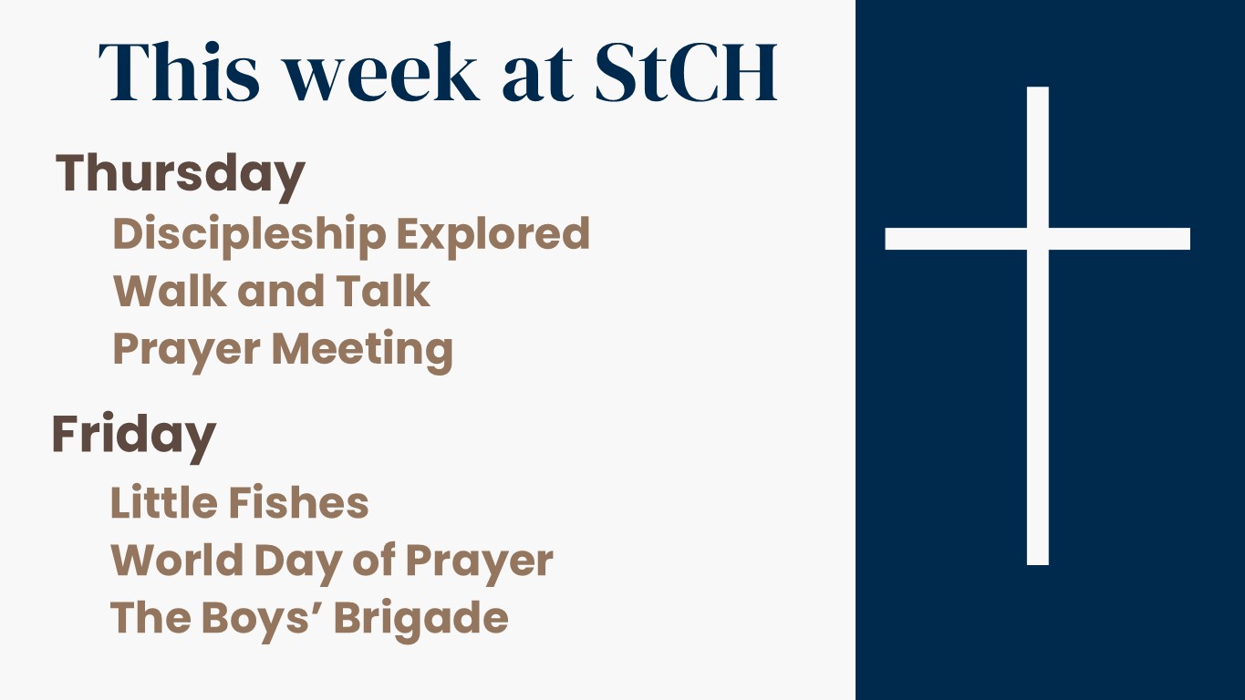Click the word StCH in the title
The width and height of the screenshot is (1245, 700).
click(x=685, y=72)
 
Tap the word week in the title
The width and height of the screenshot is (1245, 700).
click(x=382, y=72)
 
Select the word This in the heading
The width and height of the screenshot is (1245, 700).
click(x=179, y=72)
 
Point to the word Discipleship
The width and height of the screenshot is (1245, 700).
click(x=249, y=235)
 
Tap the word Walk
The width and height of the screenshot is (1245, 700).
click(x=170, y=291)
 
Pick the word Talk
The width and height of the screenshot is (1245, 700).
click(x=383, y=291)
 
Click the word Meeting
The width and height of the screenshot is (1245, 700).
click(x=362, y=351)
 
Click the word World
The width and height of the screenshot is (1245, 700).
click(x=177, y=560)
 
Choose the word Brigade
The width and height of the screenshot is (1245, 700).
click(x=420, y=620)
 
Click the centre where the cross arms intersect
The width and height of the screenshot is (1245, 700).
click(x=1038, y=239)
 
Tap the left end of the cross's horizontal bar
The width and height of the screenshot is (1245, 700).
click(x=886, y=239)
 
